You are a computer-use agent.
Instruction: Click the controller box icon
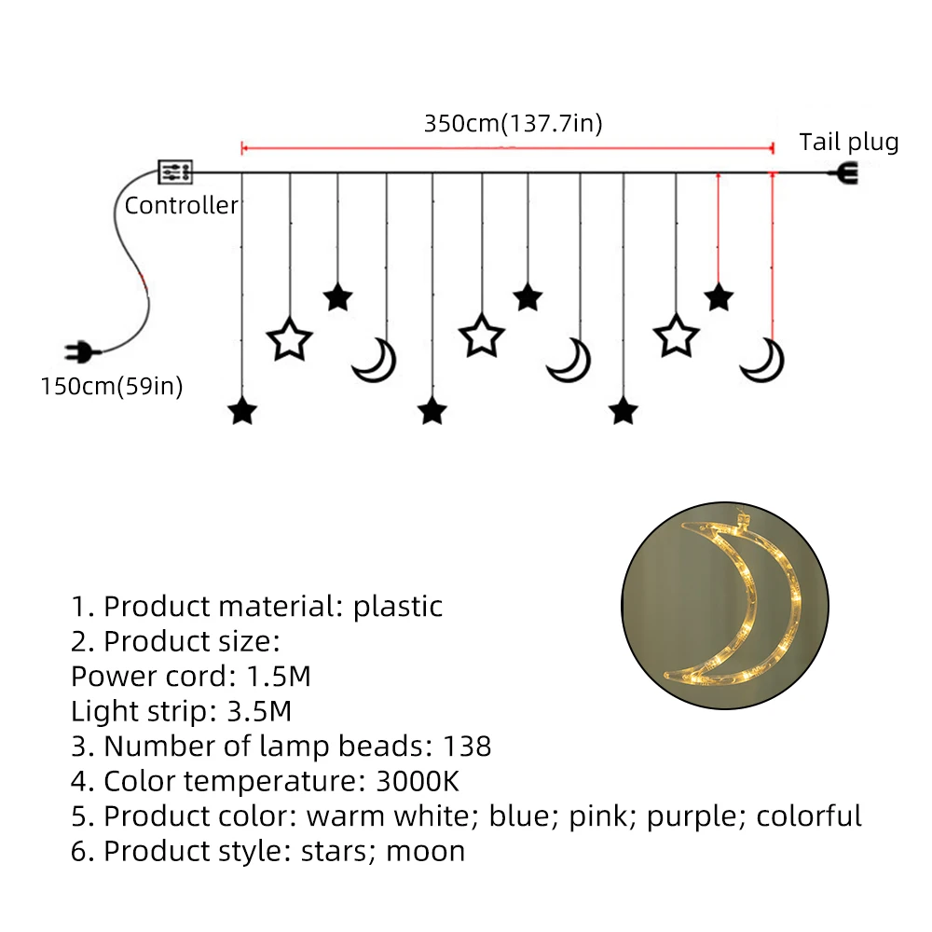click(x=175, y=171)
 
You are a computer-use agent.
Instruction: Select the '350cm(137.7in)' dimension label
click(x=514, y=124)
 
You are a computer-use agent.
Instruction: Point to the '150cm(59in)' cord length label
click(x=112, y=386)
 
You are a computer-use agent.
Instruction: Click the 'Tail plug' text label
click(x=849, y=143)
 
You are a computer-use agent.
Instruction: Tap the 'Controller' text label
click(x=182, y=206)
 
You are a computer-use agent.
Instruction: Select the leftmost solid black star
click(x=242, y=411)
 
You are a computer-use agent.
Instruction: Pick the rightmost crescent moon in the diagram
click(x=763, y=360)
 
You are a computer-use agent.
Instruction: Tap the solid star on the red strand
click(x=719, y=297)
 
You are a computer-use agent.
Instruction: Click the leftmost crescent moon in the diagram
click(x=376, y=360)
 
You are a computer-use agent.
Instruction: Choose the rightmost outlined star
click(x=676, y=336)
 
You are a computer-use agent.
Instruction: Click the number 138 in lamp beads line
click(x=469, y=747)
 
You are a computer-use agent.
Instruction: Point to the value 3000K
click(x=418, y=781)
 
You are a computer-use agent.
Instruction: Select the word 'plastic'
click(x=397, y=607)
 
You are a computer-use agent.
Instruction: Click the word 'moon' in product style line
click(x=425, y=851)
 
